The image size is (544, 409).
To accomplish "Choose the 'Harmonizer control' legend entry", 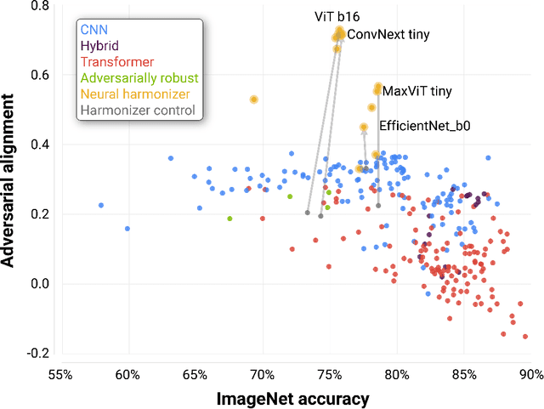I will click(137, 110).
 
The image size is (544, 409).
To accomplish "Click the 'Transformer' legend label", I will click(117, 62).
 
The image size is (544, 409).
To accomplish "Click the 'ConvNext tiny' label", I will click(389, 35).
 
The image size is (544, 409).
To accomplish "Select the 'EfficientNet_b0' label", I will click(424, 125).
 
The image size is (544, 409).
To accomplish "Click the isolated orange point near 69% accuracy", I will click(253, 99).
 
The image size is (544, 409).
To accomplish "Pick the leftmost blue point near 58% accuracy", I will click(101, 205).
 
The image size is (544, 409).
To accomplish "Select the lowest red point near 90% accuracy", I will click(525, 337).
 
